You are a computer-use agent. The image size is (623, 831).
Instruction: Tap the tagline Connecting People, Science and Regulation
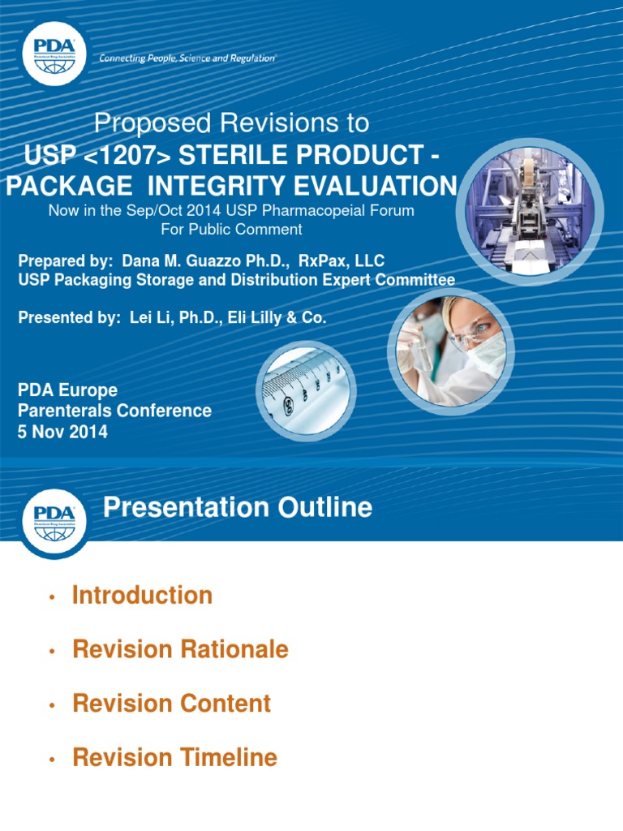pyautogui.click(x=187, y=58)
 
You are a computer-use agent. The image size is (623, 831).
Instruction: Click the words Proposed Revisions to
pyautogui.click(x=231, y=123)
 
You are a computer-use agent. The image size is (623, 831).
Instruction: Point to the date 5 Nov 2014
pyautogui.click(x=62, y=432)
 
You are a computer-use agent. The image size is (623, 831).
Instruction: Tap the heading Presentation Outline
pyautogui.click(x=238, y=508)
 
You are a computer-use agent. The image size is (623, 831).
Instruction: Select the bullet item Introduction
pyautogui.click(x=142, y=595)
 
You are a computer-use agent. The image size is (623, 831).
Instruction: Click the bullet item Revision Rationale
pyautogui.click(x=180, y=649)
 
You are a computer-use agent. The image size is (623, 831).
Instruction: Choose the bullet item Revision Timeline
pyautogui.click(x=174, y=758)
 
